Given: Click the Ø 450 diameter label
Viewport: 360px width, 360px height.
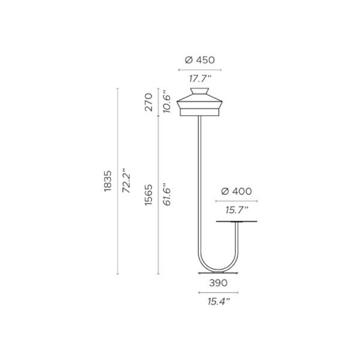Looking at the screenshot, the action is pos(200,60).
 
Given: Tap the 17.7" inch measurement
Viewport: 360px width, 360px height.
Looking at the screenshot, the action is pos(200,79).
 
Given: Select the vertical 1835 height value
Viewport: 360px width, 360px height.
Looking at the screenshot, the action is pos(108,181).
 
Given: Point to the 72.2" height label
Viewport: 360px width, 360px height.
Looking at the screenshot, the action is pos(126,180).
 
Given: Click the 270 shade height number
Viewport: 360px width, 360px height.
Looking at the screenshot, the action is pos(149,102).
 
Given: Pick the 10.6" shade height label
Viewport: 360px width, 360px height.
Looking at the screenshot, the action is pos(167,103).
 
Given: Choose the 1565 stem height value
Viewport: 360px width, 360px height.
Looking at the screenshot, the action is pos(149,195).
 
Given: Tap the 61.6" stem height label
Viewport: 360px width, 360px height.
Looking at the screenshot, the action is pos(167,194).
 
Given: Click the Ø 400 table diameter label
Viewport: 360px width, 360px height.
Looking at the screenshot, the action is pos(237,191).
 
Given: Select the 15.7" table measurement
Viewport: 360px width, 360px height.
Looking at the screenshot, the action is pos(237,210).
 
